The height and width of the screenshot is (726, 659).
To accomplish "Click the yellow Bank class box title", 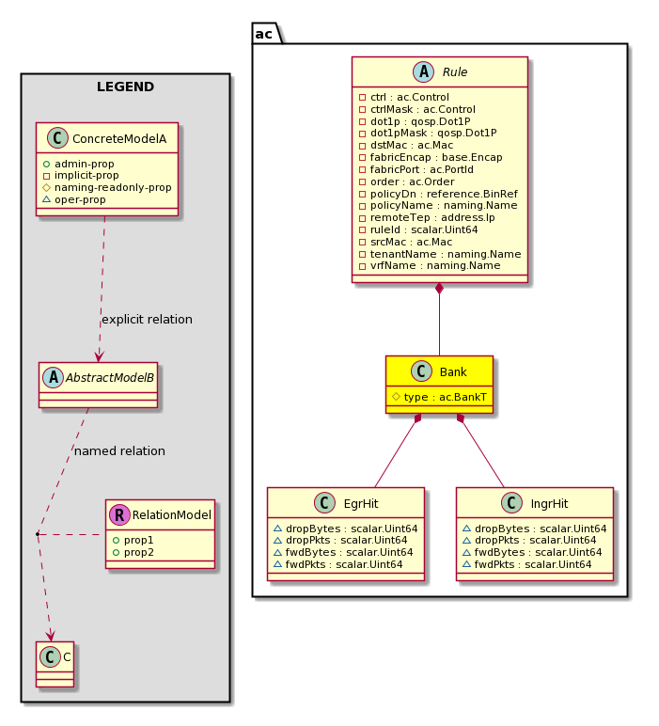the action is pos(453,371).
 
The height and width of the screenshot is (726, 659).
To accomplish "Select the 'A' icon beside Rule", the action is pos(423,71).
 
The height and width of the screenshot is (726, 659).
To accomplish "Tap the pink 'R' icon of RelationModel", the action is pos(119,514).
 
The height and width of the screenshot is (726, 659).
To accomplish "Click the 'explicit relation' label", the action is pos(148,320).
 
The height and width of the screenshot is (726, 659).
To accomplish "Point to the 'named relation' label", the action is pos(119,451).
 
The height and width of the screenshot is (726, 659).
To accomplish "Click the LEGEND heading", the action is pos(125,87).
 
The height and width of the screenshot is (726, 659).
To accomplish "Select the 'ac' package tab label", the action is pos(264,34).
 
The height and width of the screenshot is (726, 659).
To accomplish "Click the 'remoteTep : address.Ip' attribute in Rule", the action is pos(432,217).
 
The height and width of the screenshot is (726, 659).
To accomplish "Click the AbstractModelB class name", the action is pos(110,378).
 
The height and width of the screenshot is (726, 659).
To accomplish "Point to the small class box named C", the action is pos(55,665).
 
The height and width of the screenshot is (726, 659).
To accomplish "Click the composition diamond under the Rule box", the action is pos(439,288).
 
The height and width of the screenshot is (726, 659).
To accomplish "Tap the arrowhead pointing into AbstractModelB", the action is pos(98,356).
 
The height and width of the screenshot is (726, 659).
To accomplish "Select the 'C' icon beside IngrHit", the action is pos(511,503).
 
